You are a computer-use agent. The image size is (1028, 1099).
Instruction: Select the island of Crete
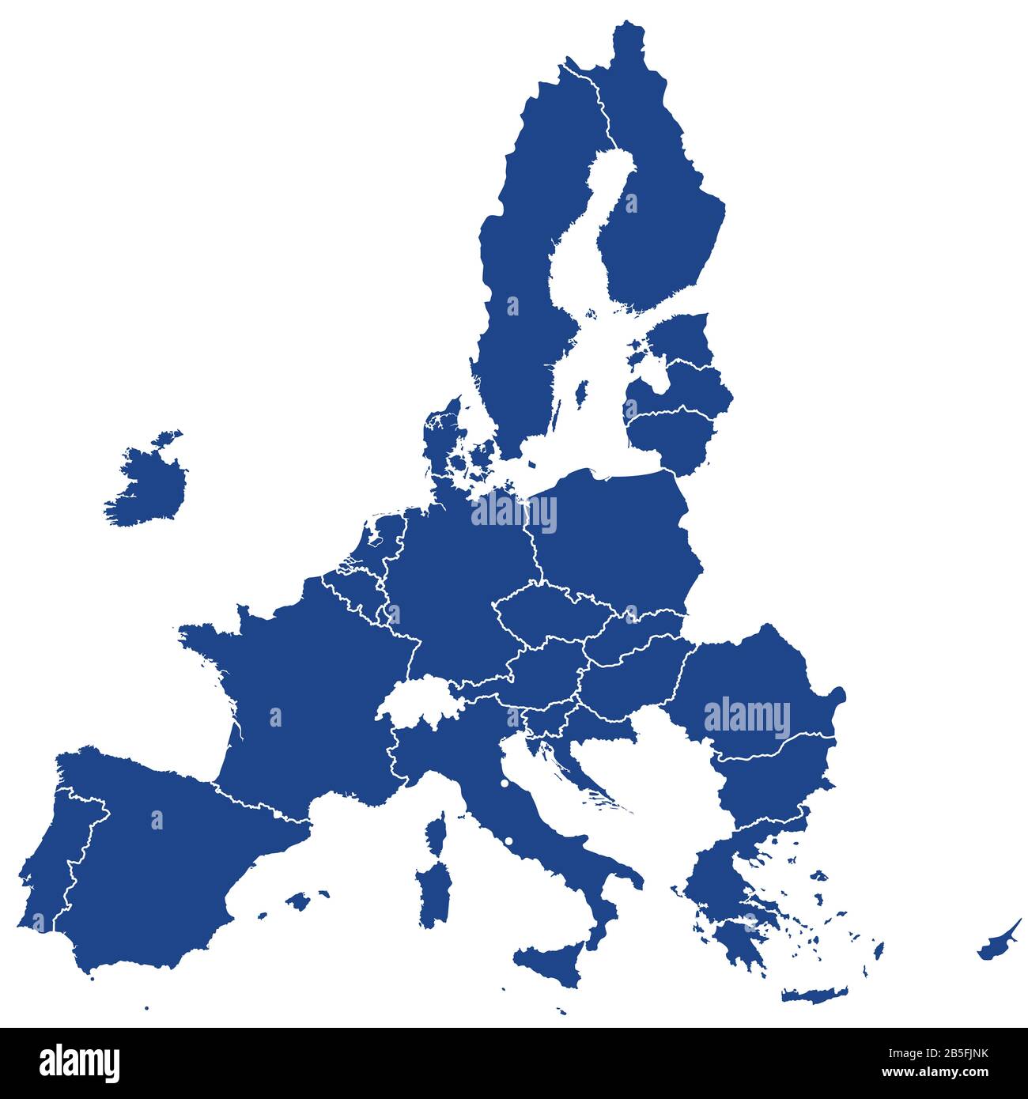(814, 994)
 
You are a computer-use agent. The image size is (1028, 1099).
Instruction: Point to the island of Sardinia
(434, 893)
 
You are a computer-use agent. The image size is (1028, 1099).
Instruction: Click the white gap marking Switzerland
(415, 700)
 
